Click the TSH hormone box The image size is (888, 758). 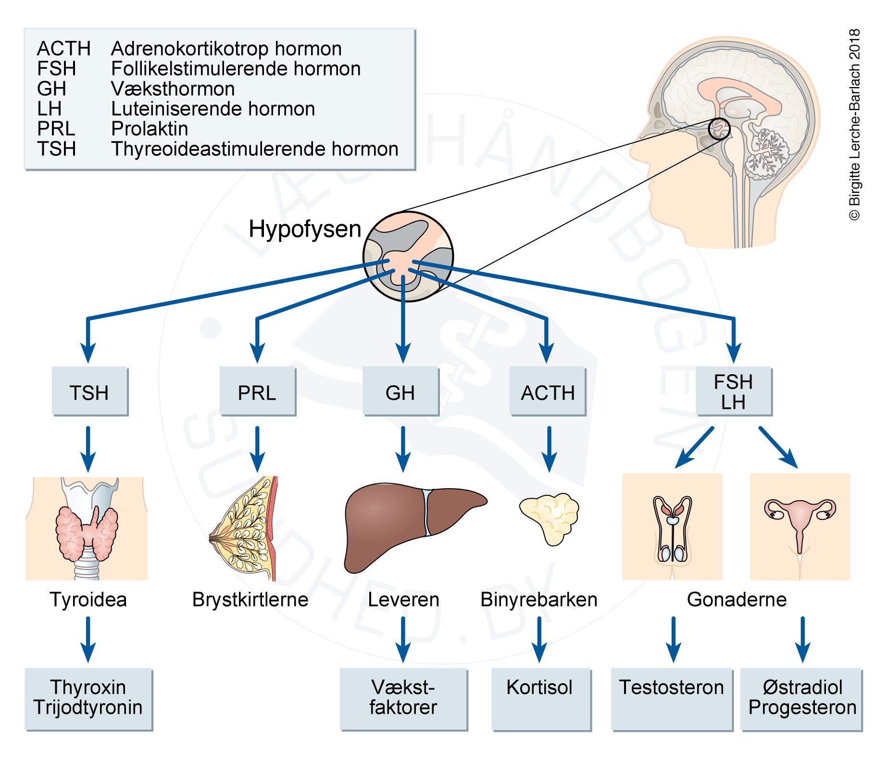coord(89,392)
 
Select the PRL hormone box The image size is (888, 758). coord(257,392)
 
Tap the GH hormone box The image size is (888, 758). coord(400,392)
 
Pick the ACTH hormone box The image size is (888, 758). coord(548,392)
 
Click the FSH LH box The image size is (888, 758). coord(733,392)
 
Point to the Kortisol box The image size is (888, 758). coord(540,698)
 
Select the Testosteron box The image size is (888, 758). coord(671,698)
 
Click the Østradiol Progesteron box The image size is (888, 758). coord(802,698)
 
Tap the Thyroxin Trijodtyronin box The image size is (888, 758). coord(88,698)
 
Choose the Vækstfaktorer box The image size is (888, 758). coord(403,698)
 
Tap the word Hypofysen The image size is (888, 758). coord(305,229)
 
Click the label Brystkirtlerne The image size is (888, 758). coord(250,600)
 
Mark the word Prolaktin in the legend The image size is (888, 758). coord(150,129)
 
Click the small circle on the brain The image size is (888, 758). coord(719,129)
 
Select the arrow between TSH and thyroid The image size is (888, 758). coord(88,448)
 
